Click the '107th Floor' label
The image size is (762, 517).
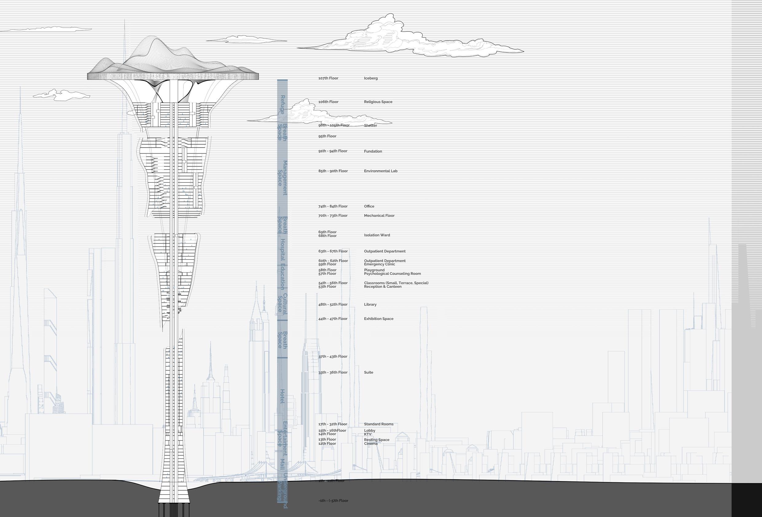[328, 78]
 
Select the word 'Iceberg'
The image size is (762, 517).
[370, 78]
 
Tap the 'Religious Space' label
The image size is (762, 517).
[378, 102]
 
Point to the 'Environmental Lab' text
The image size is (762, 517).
[380, 171]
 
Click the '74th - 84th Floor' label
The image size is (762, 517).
[333, 207]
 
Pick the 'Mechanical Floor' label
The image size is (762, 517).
[379, 216]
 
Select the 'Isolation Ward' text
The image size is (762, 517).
[377, 235]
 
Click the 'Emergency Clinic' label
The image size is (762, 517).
[379, 264]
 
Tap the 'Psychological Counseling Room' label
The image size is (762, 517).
[392, 274]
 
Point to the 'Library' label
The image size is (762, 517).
[370, 305]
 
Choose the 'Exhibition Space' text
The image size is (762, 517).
[378, 319]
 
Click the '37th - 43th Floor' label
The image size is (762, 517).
[333, 357]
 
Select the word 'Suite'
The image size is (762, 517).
[369, 373]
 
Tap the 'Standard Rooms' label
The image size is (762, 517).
[378, 424]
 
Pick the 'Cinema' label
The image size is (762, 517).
[370, 444]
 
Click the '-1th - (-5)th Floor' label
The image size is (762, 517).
[333, 501]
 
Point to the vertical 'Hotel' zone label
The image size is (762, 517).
[282, 396]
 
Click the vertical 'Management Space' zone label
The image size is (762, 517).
[282, 178]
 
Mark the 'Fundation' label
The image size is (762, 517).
[373, 151]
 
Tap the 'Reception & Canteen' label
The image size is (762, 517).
[382, 287]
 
